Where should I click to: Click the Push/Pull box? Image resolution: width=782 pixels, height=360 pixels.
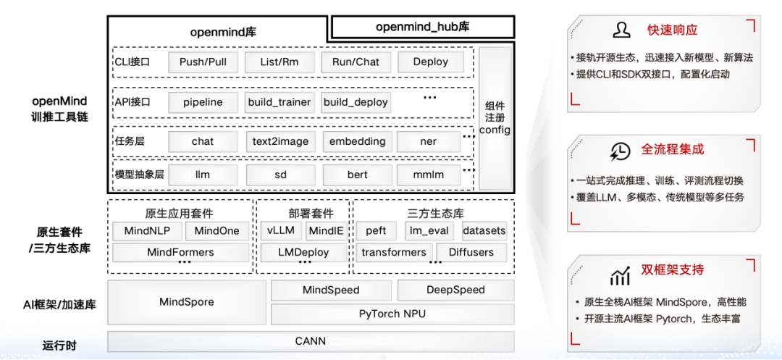[x=203, y=62]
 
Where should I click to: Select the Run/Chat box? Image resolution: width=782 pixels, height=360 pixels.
[x=356, y=62]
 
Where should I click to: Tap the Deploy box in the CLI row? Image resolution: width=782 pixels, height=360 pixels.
[x=431, y=62]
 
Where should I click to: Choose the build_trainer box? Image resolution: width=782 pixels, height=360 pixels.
[x=279, y=102]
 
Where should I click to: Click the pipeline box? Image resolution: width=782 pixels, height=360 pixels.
[x=203, y=102]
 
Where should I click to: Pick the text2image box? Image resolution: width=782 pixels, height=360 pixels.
[x=279, y=141]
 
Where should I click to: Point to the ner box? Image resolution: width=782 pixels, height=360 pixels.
[x=429, y=141]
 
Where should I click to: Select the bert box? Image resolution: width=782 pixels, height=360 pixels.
[x=357, y=175]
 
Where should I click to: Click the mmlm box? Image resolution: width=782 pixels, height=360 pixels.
[x=429, y=175]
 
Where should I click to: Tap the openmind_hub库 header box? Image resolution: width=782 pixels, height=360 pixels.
[x=423, y=28]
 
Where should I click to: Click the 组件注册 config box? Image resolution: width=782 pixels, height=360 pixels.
[x=495, y=118]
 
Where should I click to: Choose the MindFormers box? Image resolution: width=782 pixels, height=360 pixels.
[x=180, y=252]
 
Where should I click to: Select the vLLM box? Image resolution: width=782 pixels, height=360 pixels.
[x=280, y=231]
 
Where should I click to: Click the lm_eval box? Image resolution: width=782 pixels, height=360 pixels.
[x=429, y=231]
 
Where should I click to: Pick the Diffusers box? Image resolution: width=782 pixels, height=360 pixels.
[x=471, y=252]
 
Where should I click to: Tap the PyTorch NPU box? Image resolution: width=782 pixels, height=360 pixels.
[x=392, y=314]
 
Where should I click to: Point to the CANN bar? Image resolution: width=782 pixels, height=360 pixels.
[x=311, y=341]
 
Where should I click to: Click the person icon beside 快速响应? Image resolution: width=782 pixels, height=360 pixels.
[x=621, y=30]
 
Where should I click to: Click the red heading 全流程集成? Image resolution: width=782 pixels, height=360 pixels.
[x=672, y=150]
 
